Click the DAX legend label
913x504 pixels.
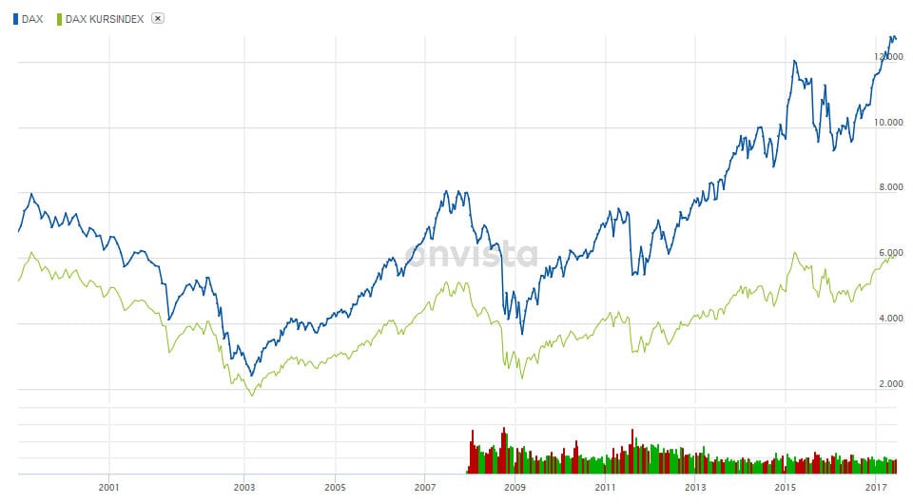tap(32, 19)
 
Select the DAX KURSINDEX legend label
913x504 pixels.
tap(105, 19)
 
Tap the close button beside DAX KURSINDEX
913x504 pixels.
tap(158, 19)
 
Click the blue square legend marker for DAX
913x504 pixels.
tap(15, 19)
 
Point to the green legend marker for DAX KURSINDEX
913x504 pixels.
tap(60, 19)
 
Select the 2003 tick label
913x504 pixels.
tap(244, 487)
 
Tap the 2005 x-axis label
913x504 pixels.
tap(335, 487)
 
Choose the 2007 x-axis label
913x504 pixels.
tap(424, 487)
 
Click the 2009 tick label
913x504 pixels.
tap(515, 487)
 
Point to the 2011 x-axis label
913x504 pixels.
tap(605, 487)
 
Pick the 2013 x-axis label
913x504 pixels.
tap(695, 487)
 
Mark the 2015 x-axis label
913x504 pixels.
tap(785, 487)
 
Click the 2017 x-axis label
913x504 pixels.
tap(875, 487)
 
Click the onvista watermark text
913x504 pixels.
tap(472, 255)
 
